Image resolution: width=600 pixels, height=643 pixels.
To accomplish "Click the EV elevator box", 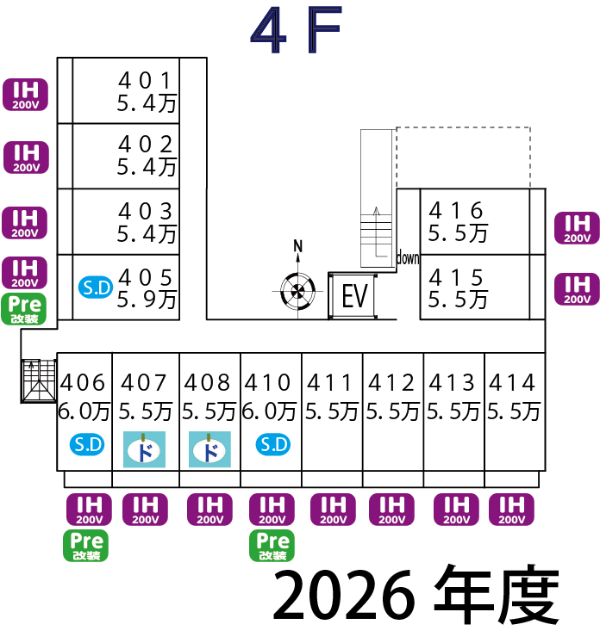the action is click(x=353, y=295).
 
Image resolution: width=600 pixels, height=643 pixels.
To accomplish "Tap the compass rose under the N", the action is click(x=297, y=291).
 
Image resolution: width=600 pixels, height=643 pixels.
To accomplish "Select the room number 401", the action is click(x=145, y=80).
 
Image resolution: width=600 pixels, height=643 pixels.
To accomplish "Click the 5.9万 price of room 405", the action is click(x=147, y=300).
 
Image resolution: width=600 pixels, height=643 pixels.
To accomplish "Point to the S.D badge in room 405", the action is click(x=96, y=287).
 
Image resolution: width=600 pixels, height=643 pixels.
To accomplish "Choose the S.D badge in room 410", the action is click(x=273, y=444).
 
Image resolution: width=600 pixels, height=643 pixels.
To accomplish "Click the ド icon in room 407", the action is click(x=145, y=449).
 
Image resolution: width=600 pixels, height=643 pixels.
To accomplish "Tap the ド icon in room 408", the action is click(x=209, y=449).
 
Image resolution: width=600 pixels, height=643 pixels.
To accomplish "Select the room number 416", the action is click(x=456, y=210).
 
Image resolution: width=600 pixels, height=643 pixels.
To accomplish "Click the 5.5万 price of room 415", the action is click(x=458, y=300).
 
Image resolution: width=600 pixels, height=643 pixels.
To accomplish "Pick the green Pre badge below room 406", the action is click(x=86, y=546).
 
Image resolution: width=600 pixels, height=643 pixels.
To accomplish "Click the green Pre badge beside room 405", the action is click(x=24, y=309).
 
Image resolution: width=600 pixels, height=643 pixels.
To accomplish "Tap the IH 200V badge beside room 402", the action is click(x=26, y=158).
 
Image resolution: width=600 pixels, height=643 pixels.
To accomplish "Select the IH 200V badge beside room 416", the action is click(x=577, y=228).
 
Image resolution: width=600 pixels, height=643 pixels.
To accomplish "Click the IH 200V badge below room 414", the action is click(x=512, y=510).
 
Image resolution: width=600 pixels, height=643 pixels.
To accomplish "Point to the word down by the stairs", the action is click(x=408, y=258).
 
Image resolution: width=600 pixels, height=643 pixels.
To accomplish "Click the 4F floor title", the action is click(x=296, y=30).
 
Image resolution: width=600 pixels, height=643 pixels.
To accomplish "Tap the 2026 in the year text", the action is click(x=344, y=596).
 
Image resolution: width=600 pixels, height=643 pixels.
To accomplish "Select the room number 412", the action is click(x=391, y=382).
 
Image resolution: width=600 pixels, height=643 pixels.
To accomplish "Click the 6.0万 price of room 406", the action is click(x=84, y=411).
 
